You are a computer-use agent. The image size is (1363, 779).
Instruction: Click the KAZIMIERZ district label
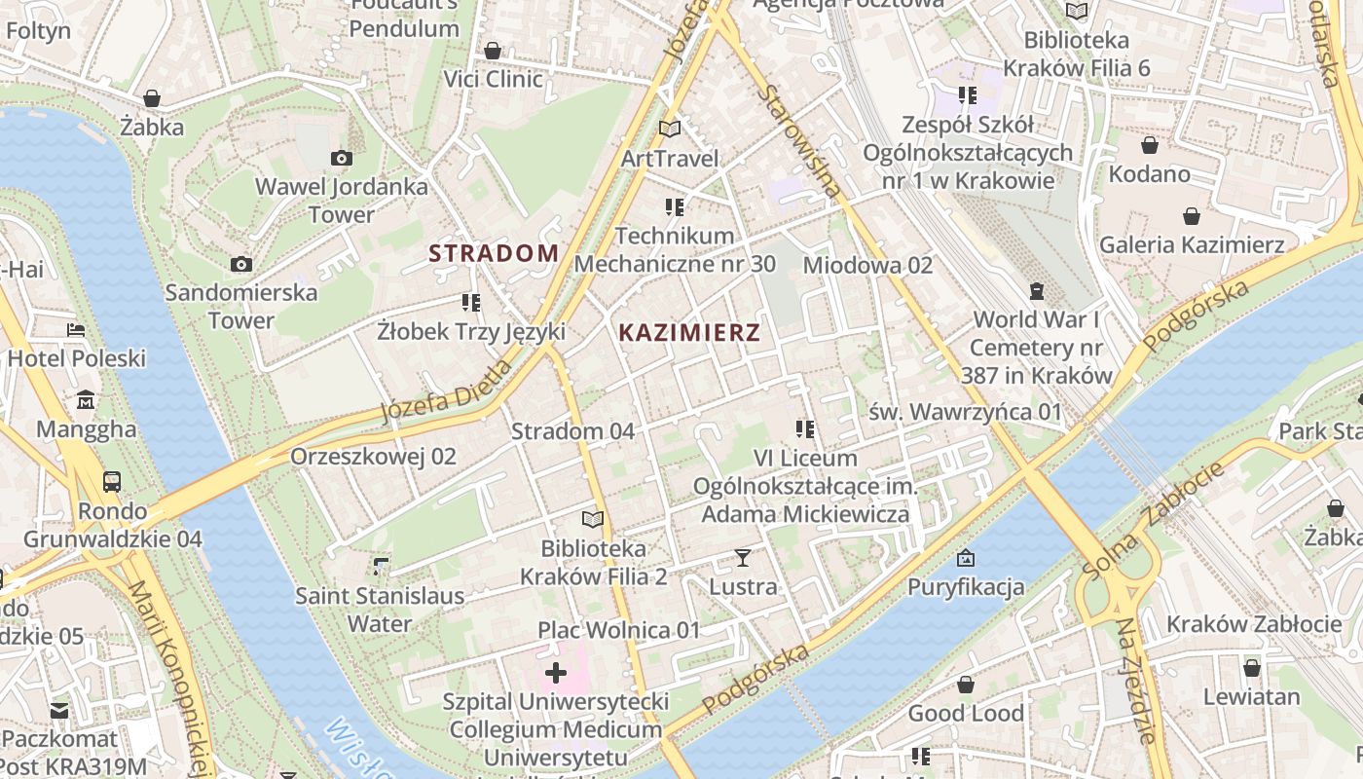tap(689, 333)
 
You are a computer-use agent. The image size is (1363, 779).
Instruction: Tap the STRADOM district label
tap(494, 254)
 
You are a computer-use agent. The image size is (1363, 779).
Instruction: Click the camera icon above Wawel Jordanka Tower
tap(341, 158)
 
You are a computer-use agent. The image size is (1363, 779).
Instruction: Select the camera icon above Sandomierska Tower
tap(241, 264)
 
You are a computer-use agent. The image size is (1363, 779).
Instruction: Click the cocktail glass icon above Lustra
tap(743, 558)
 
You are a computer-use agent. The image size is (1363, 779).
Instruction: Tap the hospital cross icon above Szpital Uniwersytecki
tap(556, 673)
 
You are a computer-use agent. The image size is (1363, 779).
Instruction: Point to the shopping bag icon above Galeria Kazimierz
tap(1192, 216)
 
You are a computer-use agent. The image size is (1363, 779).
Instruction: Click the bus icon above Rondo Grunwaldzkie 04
tap(112, 482)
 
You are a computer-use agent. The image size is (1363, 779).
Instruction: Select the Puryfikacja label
tap(966, 587)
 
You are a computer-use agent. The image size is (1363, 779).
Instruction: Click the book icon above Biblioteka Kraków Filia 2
tap(593, 520)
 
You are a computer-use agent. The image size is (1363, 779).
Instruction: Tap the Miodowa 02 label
tap(867, 265)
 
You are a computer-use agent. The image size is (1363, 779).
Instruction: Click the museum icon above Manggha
tap(86, 400)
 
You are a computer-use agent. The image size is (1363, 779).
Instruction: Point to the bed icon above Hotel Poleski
tap(76, 330)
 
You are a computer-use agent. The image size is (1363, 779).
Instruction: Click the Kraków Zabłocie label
tap(1254, 624)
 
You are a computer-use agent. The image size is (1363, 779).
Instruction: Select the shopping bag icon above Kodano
tap(1150, 146)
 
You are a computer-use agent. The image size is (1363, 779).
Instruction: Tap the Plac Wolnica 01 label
tap(618, 630)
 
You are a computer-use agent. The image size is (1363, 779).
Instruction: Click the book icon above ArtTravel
tap(669, 129)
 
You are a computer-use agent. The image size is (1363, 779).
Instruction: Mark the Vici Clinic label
tap(494, 79)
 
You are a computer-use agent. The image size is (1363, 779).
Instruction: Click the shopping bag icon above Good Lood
tap(966, 686)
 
